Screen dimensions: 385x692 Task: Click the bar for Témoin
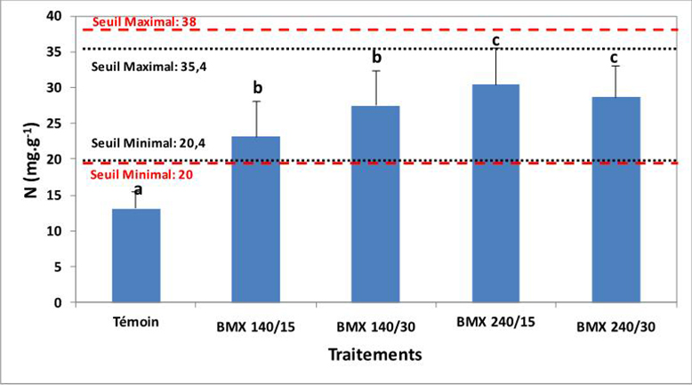(135, 256)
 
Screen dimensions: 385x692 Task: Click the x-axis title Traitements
(374, 355)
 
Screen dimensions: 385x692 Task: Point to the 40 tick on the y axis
(55, 17)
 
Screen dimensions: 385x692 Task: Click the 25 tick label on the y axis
(55, 124)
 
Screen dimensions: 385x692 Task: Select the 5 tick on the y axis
(59, 267)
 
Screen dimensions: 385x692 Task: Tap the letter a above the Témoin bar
(137, 189)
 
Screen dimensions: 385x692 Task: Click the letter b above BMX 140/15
(257, 88)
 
